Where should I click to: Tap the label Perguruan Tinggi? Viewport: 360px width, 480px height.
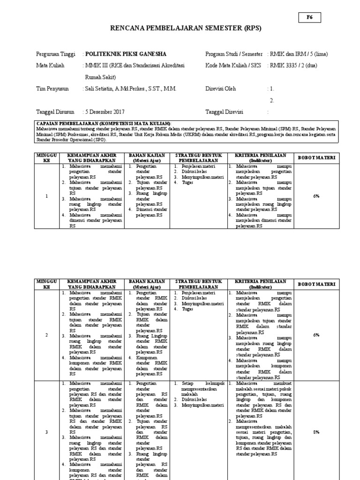click(55, 54)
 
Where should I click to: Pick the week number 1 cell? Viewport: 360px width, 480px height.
click(46, 196)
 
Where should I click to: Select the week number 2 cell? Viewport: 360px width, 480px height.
click(46, 335)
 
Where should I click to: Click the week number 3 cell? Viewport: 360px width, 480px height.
click(46, 432)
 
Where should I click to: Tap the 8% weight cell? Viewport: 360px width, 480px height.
click(316, 432)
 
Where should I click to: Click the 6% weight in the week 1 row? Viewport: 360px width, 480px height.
click(316, 196)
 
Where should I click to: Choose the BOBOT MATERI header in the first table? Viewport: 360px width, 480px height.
click(316, 158)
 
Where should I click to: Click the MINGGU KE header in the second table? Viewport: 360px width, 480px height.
click(46, 284)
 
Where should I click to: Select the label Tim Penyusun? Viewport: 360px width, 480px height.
click(52, 89)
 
